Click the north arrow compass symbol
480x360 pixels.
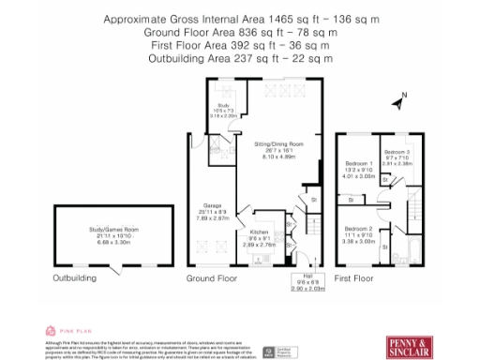[x=401, y=97]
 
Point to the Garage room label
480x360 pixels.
[x=212, y=210]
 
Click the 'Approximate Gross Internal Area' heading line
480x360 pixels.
[x=240, y=20]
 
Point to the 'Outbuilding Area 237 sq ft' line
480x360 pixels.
[x=240, y=58]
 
